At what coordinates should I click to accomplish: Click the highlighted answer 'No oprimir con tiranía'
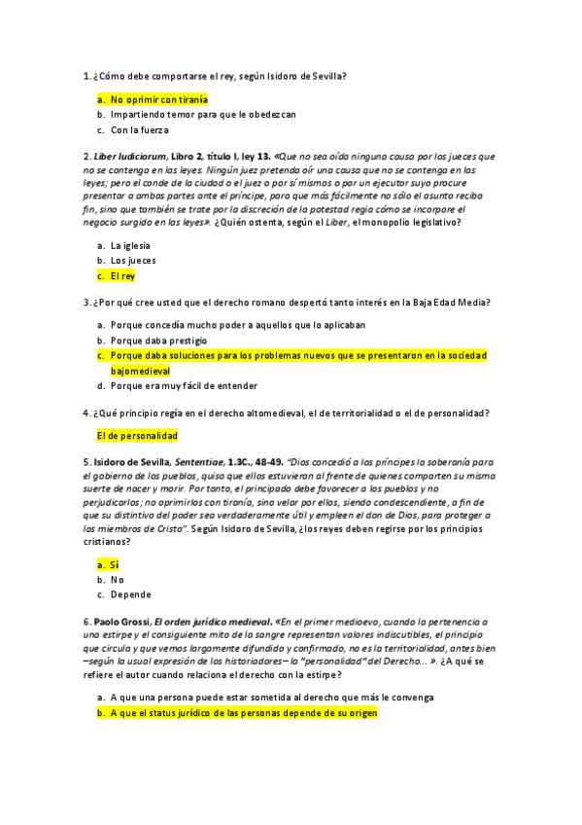(158, 99)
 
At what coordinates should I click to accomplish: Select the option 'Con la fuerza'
(139, 129)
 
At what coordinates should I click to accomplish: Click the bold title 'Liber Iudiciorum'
(128, 156)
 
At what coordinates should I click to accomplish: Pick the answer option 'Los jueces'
(133, 261)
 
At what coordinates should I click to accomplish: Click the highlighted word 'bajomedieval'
(140, 371)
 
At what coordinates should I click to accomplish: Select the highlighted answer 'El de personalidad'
(137, 436)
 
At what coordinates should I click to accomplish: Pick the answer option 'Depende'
(130, 594)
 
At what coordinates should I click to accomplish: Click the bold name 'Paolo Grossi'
(121, 621)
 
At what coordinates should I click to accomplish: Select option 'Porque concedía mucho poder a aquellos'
(237, 325)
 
